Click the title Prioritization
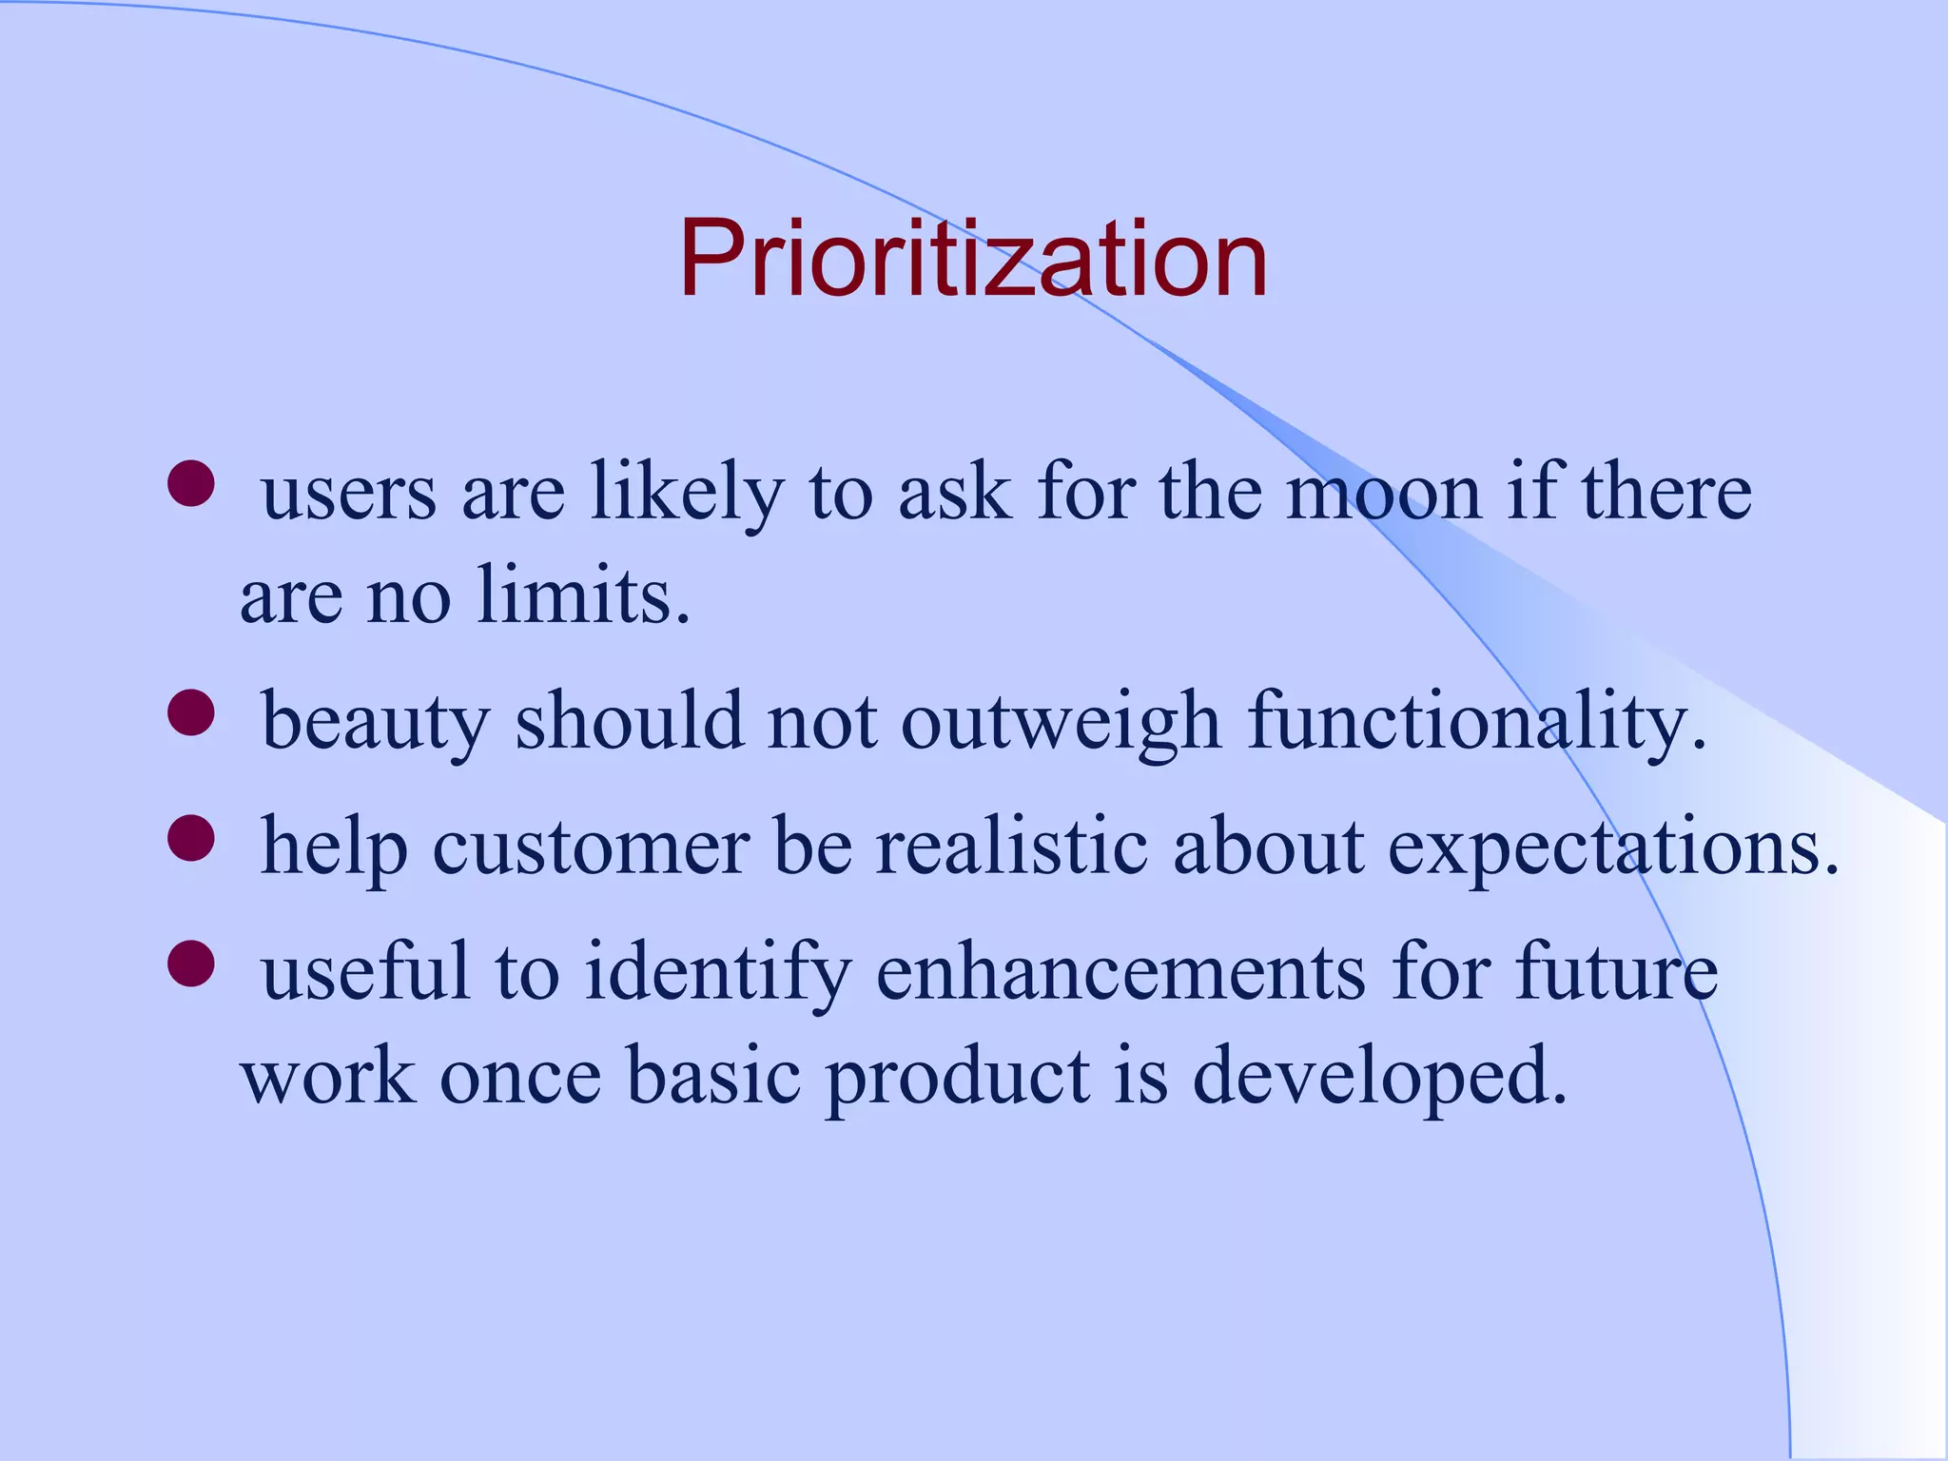973,259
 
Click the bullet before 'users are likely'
191,484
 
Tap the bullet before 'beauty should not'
191,712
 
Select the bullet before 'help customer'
191,838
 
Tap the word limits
582,596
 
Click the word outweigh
1060,721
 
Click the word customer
591,847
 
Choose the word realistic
1011,847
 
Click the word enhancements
1120,972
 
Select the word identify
717,974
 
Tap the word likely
687,495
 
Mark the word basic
713,1077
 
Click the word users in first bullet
348,495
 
